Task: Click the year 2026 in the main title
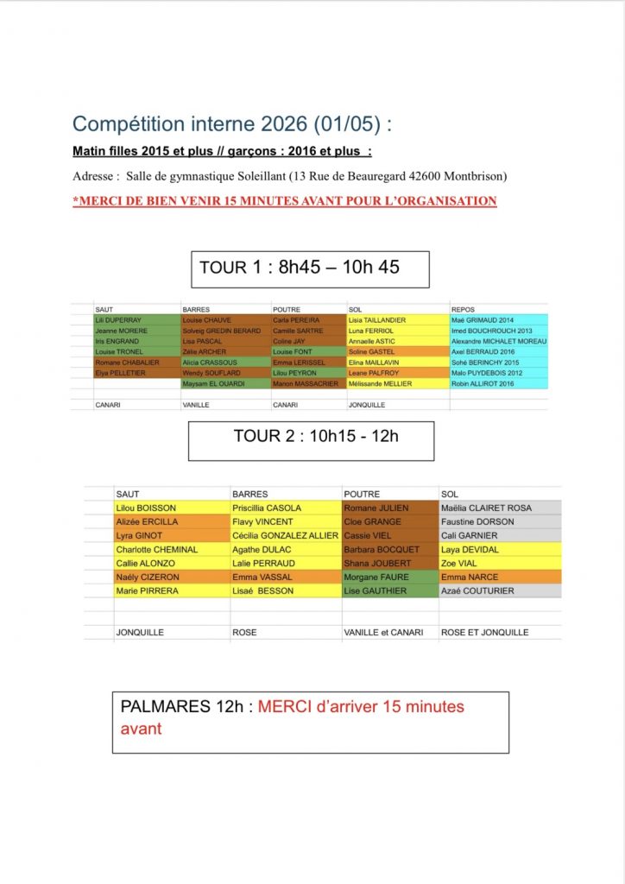point(288,124)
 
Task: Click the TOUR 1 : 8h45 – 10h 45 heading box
point(310,268)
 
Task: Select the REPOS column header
point(464,309)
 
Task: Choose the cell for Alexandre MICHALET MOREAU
point(498,341)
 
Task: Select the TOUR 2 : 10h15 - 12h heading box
point(311,437)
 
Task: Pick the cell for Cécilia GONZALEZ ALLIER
point(286,536)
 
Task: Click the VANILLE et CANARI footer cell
point(383,633)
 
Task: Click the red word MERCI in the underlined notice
point(100,201)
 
